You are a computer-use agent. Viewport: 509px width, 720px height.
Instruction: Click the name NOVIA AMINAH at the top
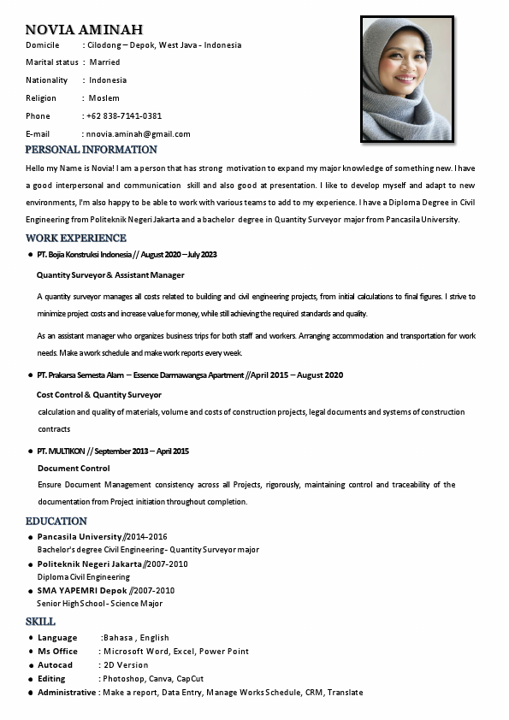84,30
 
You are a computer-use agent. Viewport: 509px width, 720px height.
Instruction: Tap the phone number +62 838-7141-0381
123,115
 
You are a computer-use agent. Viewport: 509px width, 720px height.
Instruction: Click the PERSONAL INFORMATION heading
92,150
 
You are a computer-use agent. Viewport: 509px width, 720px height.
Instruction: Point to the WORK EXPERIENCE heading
76,238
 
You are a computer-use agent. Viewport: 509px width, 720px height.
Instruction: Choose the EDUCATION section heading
56,521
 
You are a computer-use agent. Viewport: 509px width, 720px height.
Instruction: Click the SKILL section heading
40,622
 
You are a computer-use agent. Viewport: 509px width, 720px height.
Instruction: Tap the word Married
104,62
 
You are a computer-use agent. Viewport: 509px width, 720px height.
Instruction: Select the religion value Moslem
104,97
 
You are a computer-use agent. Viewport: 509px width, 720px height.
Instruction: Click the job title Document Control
74,468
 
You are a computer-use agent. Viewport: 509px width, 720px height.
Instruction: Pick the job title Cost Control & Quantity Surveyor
99,394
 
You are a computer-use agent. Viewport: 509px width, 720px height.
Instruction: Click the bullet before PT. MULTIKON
31,451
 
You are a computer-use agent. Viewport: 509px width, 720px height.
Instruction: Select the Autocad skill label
56,664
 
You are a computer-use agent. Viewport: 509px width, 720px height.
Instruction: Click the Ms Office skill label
57,651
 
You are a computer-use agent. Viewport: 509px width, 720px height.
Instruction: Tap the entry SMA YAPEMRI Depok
82,590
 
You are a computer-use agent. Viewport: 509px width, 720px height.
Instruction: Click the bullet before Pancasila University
31,537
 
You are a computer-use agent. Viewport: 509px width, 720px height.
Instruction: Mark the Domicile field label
43,44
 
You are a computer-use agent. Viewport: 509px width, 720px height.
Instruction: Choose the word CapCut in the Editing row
190,678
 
